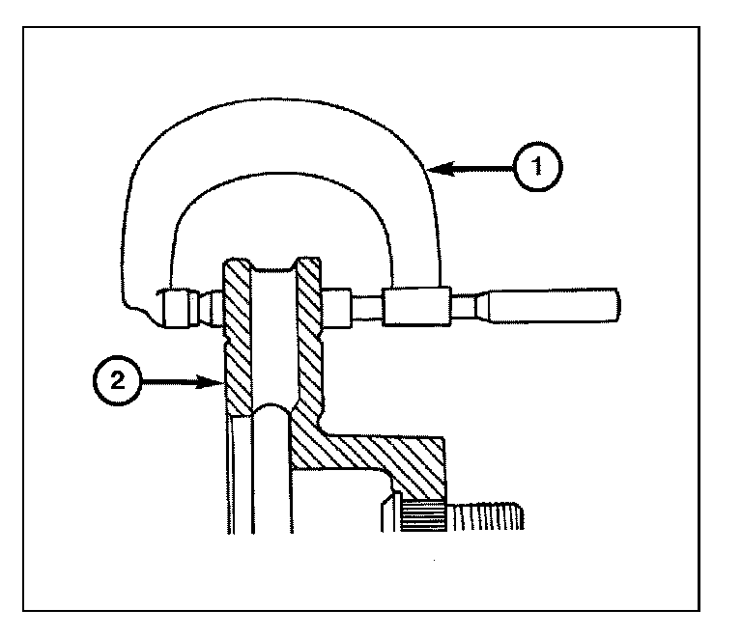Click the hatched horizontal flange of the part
tap(386, 454)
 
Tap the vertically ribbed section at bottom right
tap(488, 515)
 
